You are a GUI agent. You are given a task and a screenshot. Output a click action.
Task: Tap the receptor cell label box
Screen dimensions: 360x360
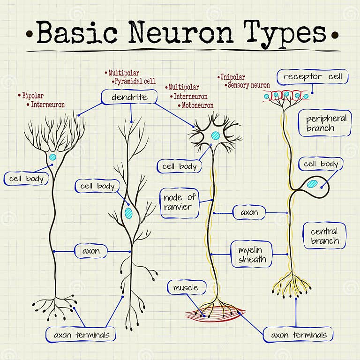[x=312, y=76]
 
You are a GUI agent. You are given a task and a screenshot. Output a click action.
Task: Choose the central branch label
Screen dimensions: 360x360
[x=324, y=236]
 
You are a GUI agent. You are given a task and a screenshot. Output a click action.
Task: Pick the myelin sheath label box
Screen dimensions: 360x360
[x=252, y=254]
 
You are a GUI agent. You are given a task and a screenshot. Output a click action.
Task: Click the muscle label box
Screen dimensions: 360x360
[x=186, y=287]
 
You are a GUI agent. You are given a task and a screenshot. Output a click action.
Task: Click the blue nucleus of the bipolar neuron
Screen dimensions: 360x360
[x=53, y=157]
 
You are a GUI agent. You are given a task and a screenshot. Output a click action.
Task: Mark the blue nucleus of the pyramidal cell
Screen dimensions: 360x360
[x=129, y=213]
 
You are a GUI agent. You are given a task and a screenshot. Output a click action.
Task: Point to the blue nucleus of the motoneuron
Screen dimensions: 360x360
[x=215, y=135]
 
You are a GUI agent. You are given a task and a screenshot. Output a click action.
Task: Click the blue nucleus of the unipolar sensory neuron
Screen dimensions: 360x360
[x=312, y=183]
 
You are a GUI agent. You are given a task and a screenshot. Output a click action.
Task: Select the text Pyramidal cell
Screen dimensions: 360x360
[x=136, y=81]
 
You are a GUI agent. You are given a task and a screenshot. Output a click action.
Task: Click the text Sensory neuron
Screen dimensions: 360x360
[x=249, y=85]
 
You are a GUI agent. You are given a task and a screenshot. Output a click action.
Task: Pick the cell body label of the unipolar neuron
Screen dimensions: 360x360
[x=321, y=164]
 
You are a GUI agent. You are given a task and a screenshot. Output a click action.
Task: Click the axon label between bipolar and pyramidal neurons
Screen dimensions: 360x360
[x=91, y=251]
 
